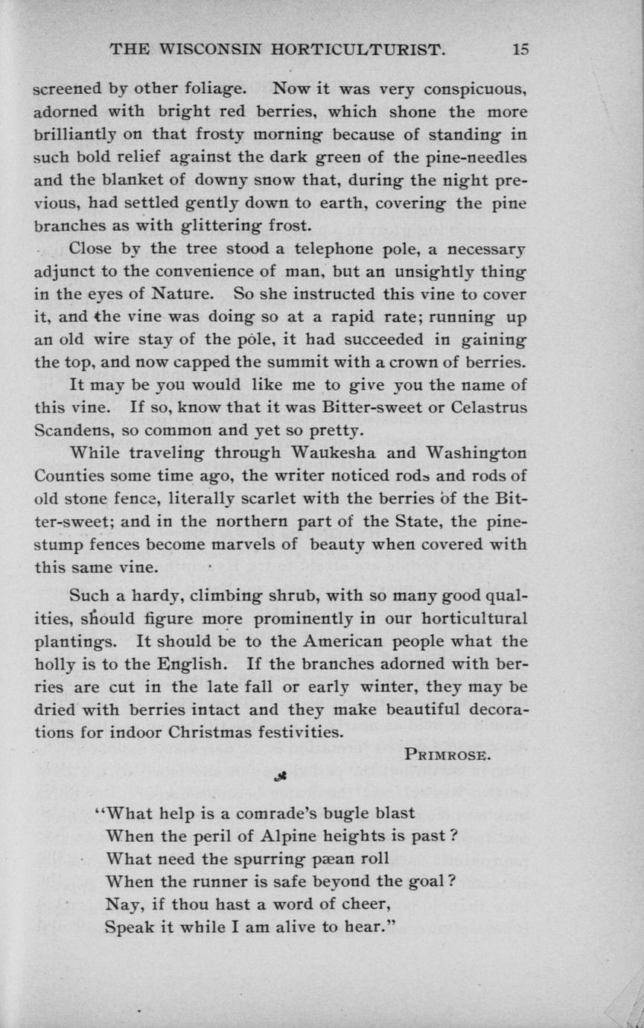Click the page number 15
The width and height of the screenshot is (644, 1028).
pyautogui.click(x=520, y=50)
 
